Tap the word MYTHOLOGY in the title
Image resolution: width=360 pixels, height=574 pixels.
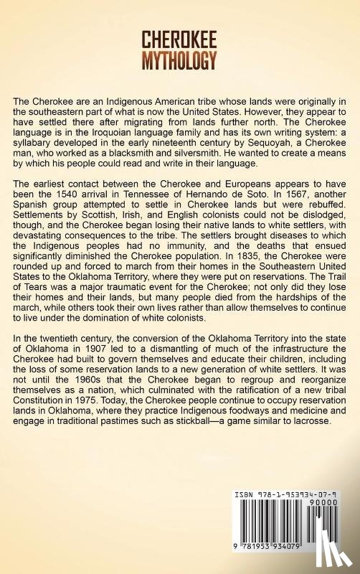(180, 61)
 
